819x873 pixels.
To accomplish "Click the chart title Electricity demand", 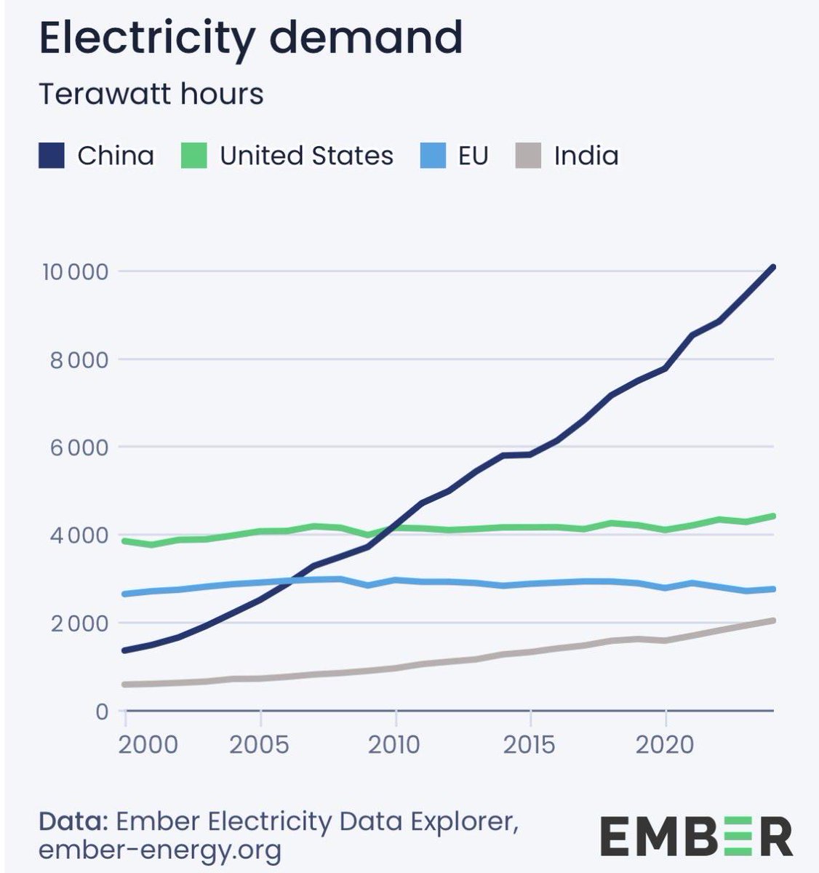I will [250, 38].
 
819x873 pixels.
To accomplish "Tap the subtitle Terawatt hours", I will [151, 95].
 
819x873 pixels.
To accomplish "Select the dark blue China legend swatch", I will [52, 156].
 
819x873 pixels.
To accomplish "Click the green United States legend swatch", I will [194, 156].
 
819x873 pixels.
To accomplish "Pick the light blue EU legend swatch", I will [433, 156].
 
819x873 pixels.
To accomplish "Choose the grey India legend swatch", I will [528, 156].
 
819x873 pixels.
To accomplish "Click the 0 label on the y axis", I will [102, 711].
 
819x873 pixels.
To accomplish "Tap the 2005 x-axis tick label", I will [260, 745].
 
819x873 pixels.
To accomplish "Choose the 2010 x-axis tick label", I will [395, 745].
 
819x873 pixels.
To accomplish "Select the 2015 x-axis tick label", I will [530, 745].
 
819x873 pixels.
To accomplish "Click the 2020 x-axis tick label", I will [664, 745].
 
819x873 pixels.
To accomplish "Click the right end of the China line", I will [772, 268].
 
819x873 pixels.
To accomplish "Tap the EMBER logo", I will [696, 836].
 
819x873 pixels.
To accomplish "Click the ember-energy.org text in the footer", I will [160, 850].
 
